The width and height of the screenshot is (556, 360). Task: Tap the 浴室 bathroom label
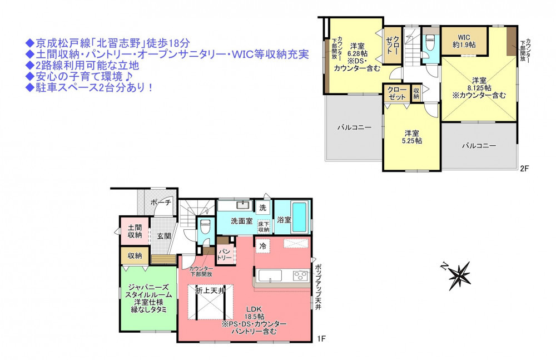[x=284, y=220]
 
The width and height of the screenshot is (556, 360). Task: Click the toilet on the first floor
[x=205, y=226]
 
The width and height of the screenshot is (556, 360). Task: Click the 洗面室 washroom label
[x=241, y=221]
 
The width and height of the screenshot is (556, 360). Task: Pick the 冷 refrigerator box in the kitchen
[x=263, y=245]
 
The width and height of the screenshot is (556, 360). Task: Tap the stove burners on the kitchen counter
[x=301, y=275]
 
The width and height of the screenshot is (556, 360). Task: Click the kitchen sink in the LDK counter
[x=270, y=276]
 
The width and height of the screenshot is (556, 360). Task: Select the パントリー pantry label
[x=225, y=254]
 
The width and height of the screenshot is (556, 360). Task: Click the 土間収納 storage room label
[x=135, y=231]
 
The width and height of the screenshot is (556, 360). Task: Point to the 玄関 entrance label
[x=164, y=236]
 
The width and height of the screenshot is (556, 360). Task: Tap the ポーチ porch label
[x=161, y=203]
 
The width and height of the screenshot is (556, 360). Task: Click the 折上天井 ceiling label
[x=210, y=290]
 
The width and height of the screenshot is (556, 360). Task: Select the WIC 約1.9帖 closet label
[x=464, y=41]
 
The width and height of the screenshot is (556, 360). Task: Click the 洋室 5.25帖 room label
[x=411, y=137]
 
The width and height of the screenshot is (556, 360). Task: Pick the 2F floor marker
[x=524, y=169]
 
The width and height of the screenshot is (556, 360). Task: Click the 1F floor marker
[x=321, y=339]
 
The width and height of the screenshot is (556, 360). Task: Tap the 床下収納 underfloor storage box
[x=264, y=226]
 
